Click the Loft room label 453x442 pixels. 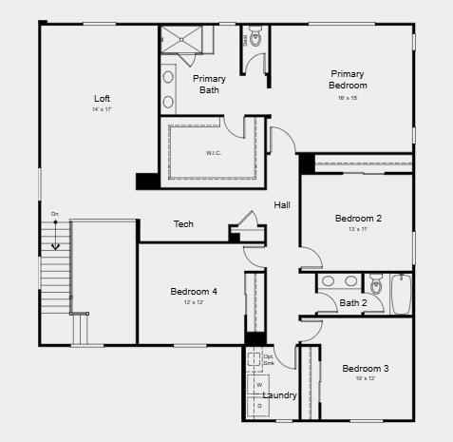tap(102, 98)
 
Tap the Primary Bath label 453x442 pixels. tap(209, 85)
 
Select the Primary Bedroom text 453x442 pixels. tap(349, 79)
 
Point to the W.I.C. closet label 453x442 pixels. tap(213, 152)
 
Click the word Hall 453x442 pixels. tap(282, 205)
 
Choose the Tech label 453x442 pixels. tap(183, 224)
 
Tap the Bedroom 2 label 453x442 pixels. tap(358, 218)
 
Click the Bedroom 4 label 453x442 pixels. tap(194, 291)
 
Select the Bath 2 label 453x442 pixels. tap(353, 303)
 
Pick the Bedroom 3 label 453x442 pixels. tap(366, 368)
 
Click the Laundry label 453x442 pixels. tap(279, 395)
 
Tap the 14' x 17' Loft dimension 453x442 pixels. tap(102, 110)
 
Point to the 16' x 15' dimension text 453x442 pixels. tap(349, 97)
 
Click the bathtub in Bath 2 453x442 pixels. tap(401, 293)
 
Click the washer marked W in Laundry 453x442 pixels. tap(259, 385)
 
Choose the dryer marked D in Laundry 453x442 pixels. tap(259, 405)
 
